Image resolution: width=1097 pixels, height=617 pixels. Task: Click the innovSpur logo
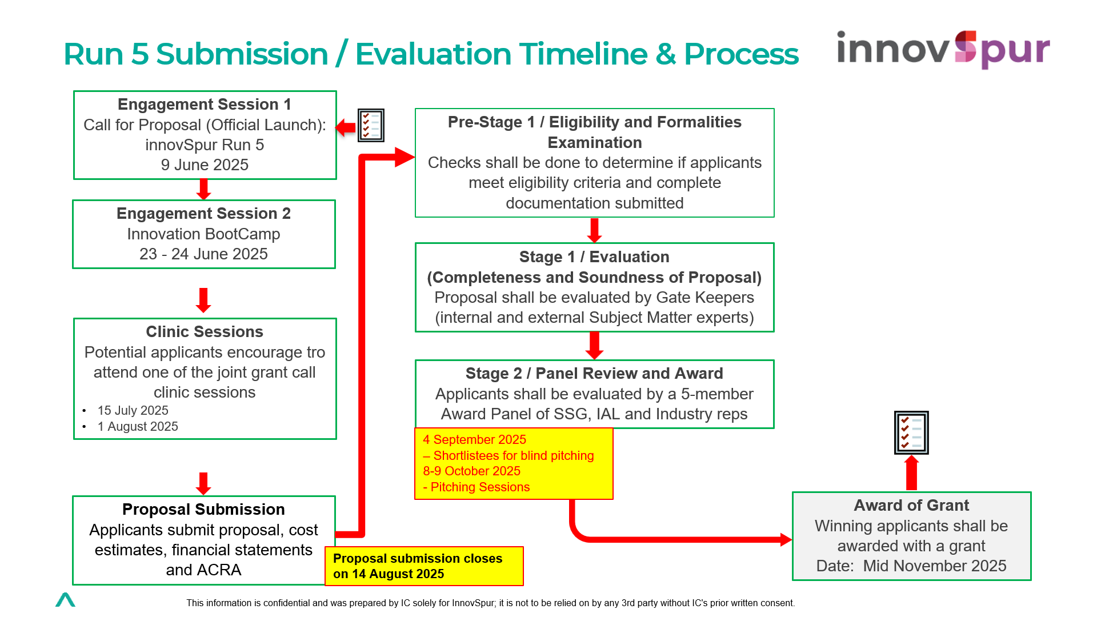click(943, 49)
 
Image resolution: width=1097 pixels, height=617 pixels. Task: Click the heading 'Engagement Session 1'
click(205, 105)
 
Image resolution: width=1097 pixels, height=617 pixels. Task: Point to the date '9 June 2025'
click(205, 165)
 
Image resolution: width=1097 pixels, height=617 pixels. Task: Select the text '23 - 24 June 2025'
click(203, 254)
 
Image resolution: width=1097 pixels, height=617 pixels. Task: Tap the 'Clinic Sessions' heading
click(205, 332)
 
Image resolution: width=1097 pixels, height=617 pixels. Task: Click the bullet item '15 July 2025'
click(133, 411)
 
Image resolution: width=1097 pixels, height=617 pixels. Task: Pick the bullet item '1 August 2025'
click(138, 427)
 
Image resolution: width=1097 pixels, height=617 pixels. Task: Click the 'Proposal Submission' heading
click(203, 510)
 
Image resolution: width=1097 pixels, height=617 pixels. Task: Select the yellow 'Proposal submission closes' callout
click(423, 566)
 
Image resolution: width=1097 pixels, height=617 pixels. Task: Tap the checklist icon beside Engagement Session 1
click(371, 125)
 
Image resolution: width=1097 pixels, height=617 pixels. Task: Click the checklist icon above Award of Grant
click(911, 432)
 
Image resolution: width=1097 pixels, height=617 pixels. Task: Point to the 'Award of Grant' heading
click(911, 506)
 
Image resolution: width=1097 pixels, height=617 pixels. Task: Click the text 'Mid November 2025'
click(935, 566)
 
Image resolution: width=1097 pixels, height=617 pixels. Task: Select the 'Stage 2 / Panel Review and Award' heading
click(594, 374)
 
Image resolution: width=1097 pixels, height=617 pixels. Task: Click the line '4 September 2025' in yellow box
click(474, 440)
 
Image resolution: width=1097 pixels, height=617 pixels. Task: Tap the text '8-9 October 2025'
click(471, 471)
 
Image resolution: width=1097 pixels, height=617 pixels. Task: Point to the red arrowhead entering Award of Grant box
click(786, 539)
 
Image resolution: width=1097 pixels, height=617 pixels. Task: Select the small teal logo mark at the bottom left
click(65, 599)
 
